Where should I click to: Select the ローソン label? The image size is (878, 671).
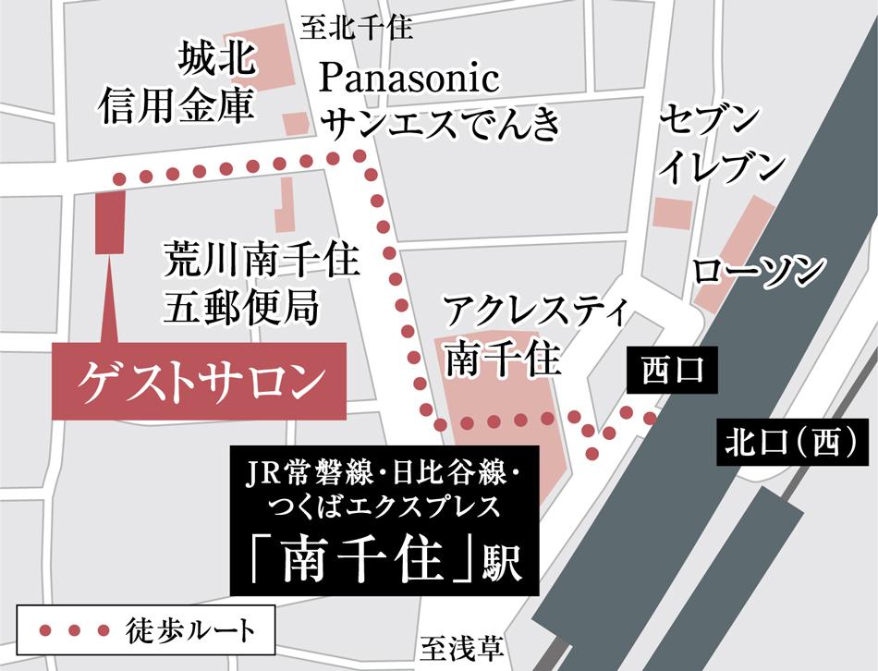[x=759, y=271]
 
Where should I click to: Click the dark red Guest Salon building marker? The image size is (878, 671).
[x=109, y=223]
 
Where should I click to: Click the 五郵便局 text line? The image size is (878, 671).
[x=241, y=304]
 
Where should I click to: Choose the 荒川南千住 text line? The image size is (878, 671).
[x=261, y=260]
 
